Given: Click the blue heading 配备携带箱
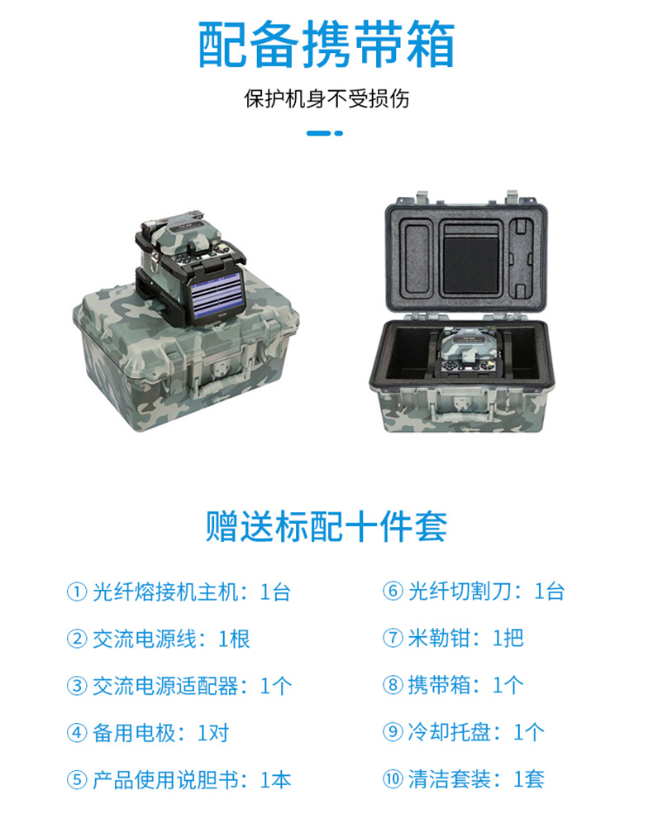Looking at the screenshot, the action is (x=326, y=45).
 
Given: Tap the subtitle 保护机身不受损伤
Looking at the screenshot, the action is (x=326, y=98).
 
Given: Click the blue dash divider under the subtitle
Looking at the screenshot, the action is (x=325, y=133).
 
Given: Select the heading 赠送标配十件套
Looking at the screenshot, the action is (x=326, y=526).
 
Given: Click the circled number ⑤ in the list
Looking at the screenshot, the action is (x=77, y=780).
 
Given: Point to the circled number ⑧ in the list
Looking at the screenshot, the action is (x=393, y=685).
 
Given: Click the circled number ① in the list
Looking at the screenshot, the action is (x=77, y=592).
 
